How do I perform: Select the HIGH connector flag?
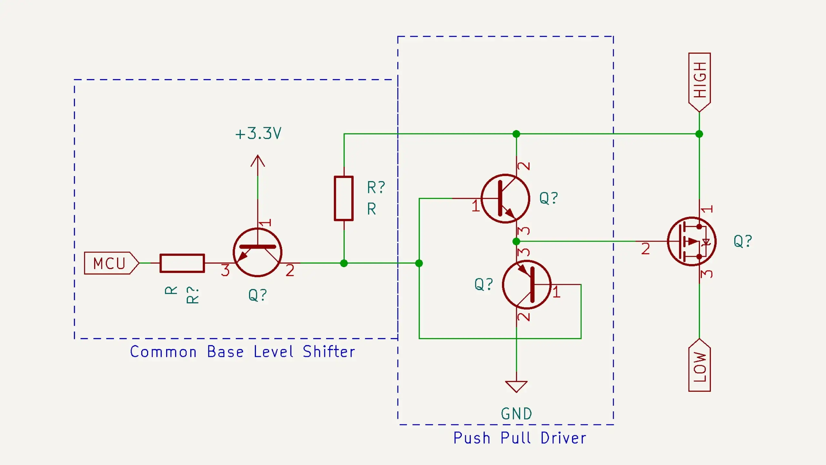click(x=699, y=81)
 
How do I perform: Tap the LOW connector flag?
click(x=699, y=367)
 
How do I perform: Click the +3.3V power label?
click(x=258, y=133)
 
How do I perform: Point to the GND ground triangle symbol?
click(x=516, y=386)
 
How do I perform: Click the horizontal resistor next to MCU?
click(x=182, y=263)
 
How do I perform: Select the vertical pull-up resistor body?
click(x=344, y=198)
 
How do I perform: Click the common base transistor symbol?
click(x=257, y=252)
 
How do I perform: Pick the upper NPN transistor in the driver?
click(x=505, y=199)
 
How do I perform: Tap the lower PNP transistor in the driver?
click(x=527, y=284)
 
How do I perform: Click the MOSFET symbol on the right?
click(x=692, y=242)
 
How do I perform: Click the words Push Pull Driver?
click(x=519, y=438)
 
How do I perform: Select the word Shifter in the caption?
click(x=329, y=352)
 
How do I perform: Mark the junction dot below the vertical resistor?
click(x=344, y=263)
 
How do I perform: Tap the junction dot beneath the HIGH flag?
click(x=699, y=134)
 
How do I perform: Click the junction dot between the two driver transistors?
click(x=516, y=241)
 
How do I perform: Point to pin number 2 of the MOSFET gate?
click(x=645, y=249)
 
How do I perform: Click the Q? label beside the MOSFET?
click(x=743, y=241)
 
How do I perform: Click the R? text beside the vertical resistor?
click(x=376, y=187)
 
